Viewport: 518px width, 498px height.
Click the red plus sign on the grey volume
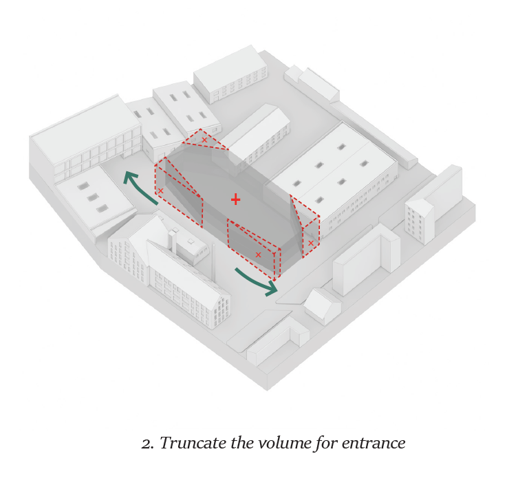235,199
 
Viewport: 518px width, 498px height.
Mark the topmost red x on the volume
204,140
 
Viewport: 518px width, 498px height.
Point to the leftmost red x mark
160,191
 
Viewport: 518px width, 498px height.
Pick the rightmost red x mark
310,243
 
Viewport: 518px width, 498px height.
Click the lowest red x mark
259,255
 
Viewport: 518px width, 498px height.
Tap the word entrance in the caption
374,444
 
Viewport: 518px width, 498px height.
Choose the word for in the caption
326,444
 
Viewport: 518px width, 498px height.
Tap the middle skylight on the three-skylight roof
93,197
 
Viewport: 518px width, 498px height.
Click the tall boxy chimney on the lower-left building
172,240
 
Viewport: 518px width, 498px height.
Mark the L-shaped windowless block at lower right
366,259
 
